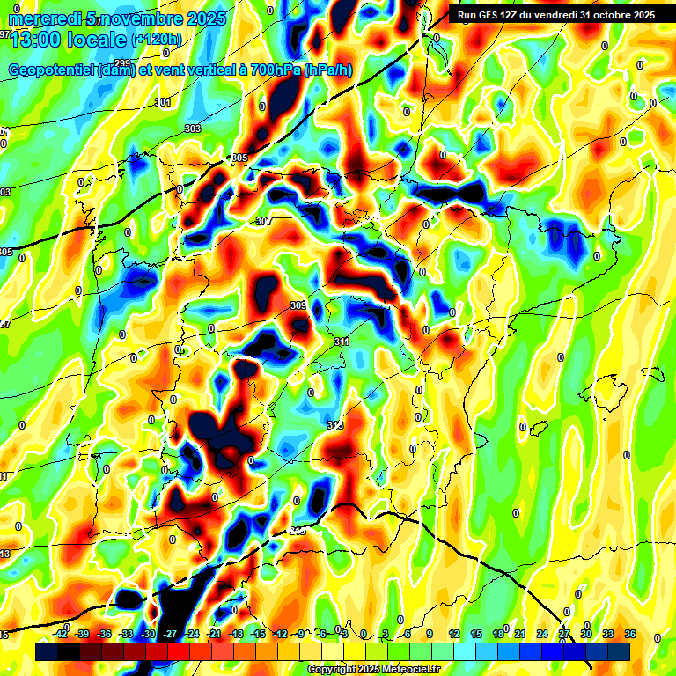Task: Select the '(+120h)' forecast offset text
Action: tap(156, 39)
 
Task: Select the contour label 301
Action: tap(164, 103)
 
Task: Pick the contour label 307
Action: tap(261, 221)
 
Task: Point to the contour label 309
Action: tap(298, 306)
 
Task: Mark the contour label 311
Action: tap(342, 342)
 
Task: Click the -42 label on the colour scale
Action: tap(61, 634)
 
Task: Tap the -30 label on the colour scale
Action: tap(149, 634)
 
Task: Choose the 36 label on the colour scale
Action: tap(630, 634)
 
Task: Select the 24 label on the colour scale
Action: tap(541, 634)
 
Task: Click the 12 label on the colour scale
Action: tap(453, 634)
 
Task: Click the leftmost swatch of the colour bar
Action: tap(46, 651)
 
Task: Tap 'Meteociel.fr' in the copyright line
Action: tap(411, 669)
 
